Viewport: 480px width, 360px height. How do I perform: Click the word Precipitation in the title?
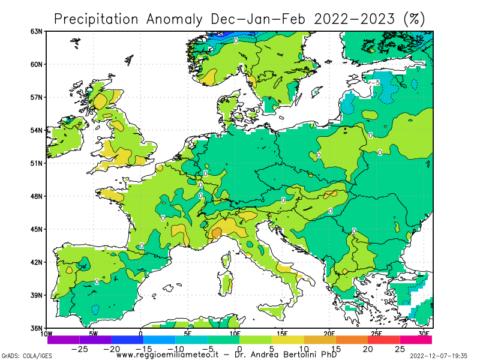pyautogui.click(x=96, y=19)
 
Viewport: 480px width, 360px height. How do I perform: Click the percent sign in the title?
pyautogui.click(x=414, y=19)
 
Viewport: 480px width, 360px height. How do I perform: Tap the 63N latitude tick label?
pyautogui.click(x=37, y=31)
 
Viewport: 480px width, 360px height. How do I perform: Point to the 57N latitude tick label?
pyautogui.click(x=37, y=97)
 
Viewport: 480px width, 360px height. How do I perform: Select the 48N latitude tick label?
pyautogui.click(x=37, y=196)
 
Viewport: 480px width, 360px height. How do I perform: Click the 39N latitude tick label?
pyautogui.click(x=37, y=295)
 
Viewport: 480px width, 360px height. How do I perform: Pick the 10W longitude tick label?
pyautogui.click(x=46, y=334)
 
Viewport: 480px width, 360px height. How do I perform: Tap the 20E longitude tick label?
pyautogui.click(x=329, y=334)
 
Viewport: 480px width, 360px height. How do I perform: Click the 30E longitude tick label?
pyautogui.click(x=424, y=334)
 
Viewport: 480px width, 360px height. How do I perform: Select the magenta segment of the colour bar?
pyautogui.click(x=416, y=340)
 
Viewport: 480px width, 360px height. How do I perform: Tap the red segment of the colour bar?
pyautogui.click(x=383, y=340)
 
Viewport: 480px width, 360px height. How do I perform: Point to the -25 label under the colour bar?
pyautogui.click(x=80, y=349)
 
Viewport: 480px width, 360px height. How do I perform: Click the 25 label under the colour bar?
pyautogui.click(x=400, y=349)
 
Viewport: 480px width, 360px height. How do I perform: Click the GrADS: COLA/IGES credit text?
pyautogui.click(x=26, y=356)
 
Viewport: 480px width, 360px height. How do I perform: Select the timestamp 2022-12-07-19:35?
pyautogui.click(x=439, y=356)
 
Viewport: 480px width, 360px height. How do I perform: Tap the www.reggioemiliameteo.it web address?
pyautogui.click(x=167, y=355)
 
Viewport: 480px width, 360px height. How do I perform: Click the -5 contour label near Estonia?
pyautogui.click(x=376, y=83)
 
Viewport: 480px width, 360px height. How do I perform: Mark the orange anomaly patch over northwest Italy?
pyautogui.click(x=216, y=233)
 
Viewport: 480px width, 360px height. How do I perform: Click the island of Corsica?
pyautogui.click(x=226, y=260)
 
